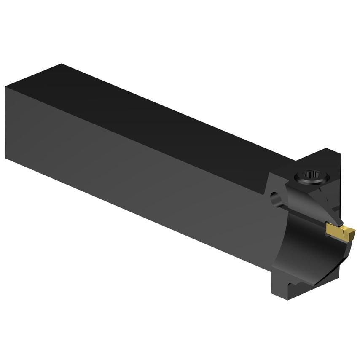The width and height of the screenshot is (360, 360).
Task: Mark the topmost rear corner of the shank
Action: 62,64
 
